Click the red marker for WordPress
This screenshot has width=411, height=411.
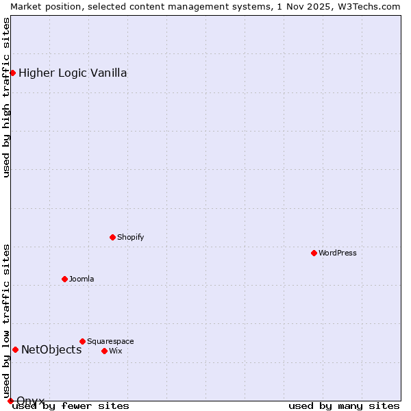[x=314, y=253]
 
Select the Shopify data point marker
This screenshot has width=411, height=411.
[x=112, y=237]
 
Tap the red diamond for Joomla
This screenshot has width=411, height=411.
[x=64, y=279]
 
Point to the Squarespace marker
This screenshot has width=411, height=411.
[x=82, y=341]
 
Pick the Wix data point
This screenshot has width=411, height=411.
[x=104, y=351]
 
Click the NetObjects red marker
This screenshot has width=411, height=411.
[x=15, y=349]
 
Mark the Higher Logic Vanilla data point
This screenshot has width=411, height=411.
[x=12, y=73]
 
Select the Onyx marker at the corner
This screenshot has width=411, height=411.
[x=10, y=401]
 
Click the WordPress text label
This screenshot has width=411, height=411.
[x=338, y=253]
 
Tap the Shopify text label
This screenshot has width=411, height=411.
[x=130, y=237]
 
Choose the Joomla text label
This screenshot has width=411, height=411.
[x=82, y=279]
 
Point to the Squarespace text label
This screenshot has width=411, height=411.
[x=110, y=341]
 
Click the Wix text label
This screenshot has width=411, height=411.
[x=115, y=351]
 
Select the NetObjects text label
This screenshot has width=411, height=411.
[x=51, y=349]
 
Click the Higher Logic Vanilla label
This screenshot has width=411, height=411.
[x=73, y=73]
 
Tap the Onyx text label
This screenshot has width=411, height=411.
[x=31, y=400]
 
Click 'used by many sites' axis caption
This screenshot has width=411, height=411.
[x=344, y=406]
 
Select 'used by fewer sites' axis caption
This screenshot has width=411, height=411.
[x=71, y=406]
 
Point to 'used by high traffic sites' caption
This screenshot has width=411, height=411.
[x=6, y=97]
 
